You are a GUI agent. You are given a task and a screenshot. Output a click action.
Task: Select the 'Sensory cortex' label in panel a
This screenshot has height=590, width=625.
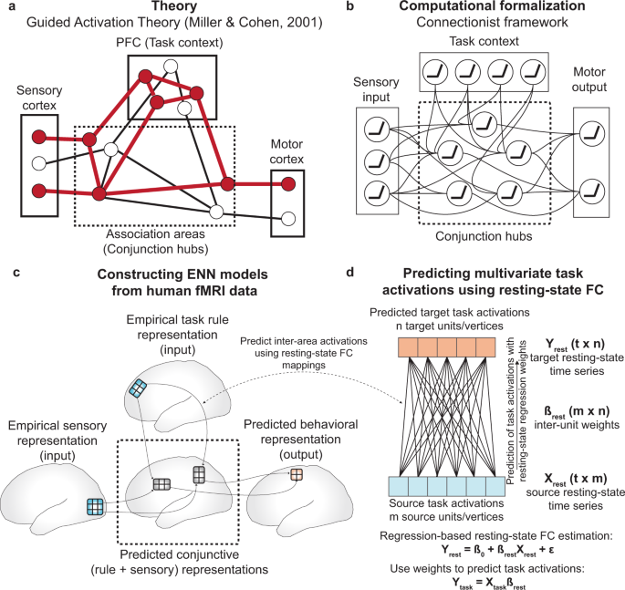pyautogui.click(x=36, y=101)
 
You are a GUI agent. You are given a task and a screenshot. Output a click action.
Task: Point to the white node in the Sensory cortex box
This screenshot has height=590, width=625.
pyautogui.click(x=37, y=164)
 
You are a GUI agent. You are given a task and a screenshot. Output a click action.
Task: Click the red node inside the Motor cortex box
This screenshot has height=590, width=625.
pyautogui.click(x=288, y=185)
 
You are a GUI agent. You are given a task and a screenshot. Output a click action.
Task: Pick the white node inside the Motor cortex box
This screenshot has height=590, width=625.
pyautogui.click(x=288, y=219)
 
